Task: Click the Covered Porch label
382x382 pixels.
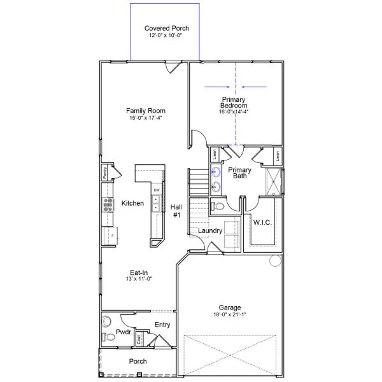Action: tap(167, 28)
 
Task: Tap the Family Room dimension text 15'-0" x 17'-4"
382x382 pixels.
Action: tap(145, 118)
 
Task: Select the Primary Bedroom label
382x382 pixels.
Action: tap(234, 102)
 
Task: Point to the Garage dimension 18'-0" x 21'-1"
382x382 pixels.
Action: tap(229, 314)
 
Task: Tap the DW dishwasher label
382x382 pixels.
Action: tap(156, 190)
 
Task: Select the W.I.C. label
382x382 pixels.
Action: tap(262, 223)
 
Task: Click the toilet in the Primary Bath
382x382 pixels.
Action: tap(217, 206)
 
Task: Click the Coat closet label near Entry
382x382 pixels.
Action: tap(139, 339)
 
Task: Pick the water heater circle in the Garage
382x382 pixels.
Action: tap(275, 260)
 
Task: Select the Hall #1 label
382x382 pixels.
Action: tap(176, 211)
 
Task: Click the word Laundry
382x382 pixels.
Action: tap(209, 230)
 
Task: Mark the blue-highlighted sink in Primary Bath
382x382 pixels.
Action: tap(215, 171)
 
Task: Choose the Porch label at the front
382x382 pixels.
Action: tap(138, 361)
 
